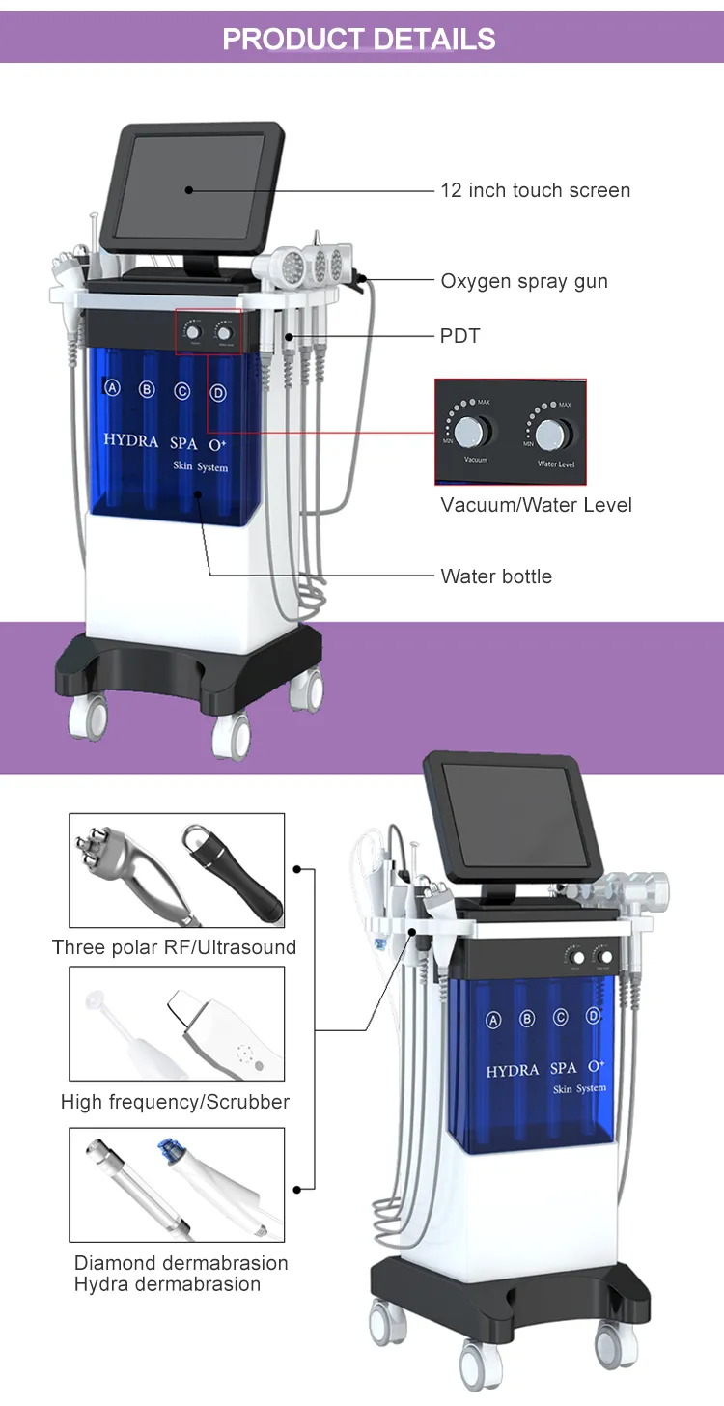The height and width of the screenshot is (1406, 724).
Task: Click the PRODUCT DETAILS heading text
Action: (x=359, y=39)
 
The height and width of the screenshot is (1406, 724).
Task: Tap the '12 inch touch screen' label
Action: (x=535, y=190)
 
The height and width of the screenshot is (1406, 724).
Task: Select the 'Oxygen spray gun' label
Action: (x=524, y=281)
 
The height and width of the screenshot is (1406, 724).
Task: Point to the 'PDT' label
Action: (x=460, y=336)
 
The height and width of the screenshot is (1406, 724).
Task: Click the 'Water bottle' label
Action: (x=496, y=576)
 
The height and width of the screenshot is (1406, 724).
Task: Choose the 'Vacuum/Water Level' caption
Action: (x=536, y=505)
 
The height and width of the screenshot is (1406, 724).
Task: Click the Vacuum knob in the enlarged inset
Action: (x=474, y=431)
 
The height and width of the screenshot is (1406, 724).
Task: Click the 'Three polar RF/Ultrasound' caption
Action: (x=174, y=947)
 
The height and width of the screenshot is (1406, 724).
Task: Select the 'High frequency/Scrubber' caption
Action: (x=175, y=1102)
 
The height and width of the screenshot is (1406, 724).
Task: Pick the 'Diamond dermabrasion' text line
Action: (x=181, y=1263)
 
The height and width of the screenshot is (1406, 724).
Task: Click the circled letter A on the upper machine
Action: (x=112, y=388)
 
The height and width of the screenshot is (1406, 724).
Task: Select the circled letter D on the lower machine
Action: (x=593, y=1015)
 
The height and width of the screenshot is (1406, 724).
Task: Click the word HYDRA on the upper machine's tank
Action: (x=132, y=440)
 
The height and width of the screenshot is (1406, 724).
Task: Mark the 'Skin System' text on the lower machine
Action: (x=579, y=1089)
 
